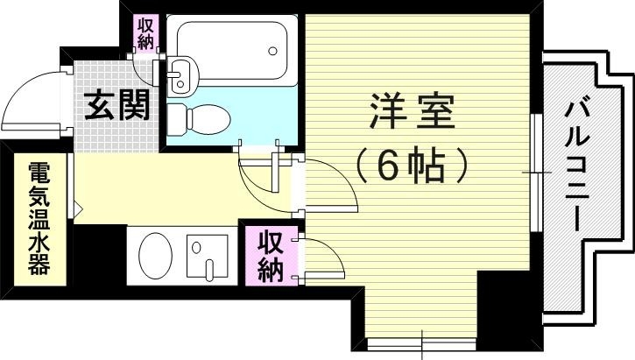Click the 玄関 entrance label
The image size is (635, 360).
pyautogui.click(x=117, y=106)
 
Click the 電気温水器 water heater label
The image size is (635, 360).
pyautogui.click(x=38, y=218)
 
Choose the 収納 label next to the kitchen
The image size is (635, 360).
pyautogui.click(x=269, y=256)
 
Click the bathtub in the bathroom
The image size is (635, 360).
pyautogui.click(x=231, y=50)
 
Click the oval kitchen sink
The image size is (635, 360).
pyautogui.click(x=158, y=254)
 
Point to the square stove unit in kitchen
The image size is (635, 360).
pyautogui.click(x=208, y=256)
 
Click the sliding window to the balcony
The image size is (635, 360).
pyautogui.click(x=533, y=173)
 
